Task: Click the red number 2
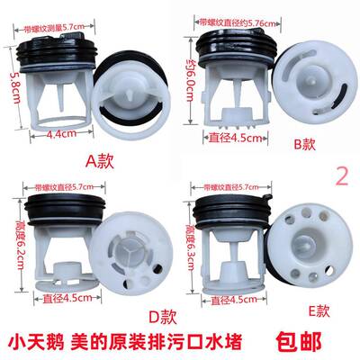pos(340,175)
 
